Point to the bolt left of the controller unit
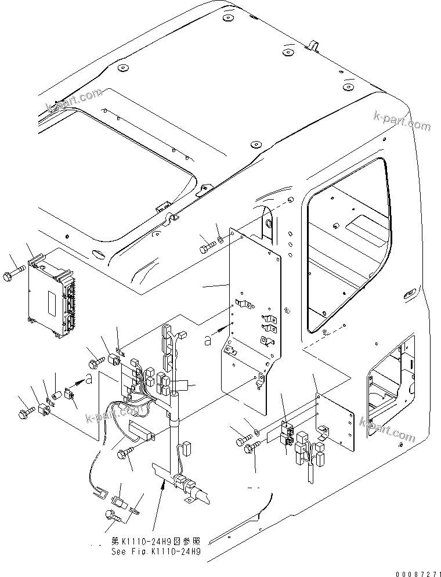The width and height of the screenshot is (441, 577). coord(13,272)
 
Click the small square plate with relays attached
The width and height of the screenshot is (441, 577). coord(335,421)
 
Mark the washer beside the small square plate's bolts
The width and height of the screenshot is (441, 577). coord(256,432)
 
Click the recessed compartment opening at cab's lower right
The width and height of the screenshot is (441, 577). coord(386,389)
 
